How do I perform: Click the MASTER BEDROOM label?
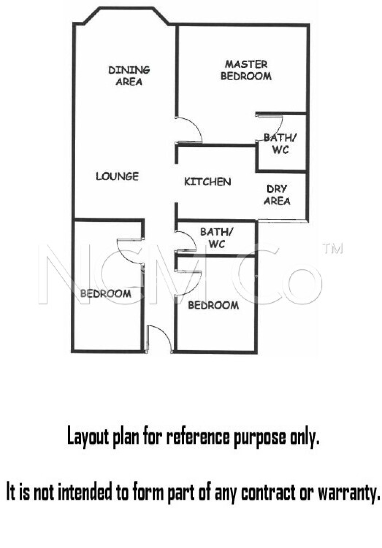(246, 70)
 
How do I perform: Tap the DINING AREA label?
(129, 76)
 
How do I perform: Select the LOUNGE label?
(117, 177)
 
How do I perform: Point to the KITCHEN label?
(208, 182)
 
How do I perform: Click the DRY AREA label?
(277, 195)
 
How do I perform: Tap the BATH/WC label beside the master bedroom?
(280, 144)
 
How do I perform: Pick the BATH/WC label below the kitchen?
(217, 238)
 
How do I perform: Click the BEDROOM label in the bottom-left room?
(106, 294)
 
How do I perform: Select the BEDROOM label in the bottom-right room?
(213, 305)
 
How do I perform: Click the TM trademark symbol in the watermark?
(333, 249)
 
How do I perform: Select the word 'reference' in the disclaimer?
(198, 437)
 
